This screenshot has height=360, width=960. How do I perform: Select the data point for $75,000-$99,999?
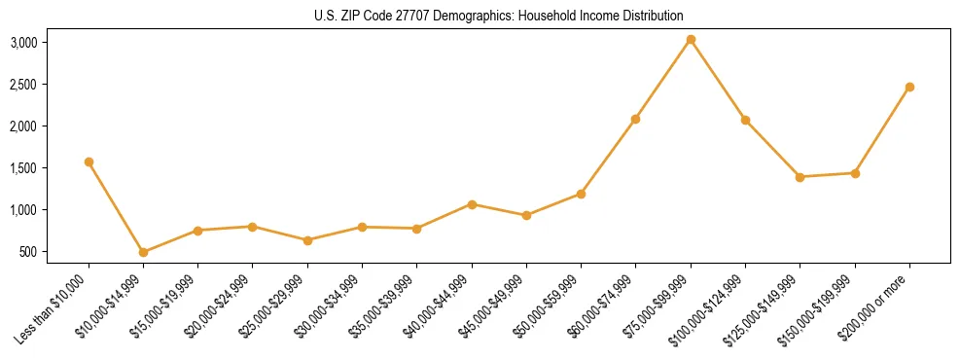pos(691,40)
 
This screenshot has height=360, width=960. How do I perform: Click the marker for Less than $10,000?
pos(89,162)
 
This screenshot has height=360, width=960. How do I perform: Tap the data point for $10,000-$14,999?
pos(143,252)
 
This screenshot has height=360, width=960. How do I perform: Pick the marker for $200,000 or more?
pos(909,88)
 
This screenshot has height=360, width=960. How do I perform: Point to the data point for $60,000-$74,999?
pos(635,119)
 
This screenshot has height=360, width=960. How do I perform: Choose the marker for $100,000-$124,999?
pos(745,120)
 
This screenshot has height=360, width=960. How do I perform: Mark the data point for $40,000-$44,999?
pos(472,204)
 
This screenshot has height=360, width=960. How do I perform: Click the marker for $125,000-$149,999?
pos(800,177)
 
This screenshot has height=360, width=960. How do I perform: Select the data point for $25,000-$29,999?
pos(307,240)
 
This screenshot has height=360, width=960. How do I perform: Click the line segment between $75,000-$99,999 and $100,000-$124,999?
pos(718,80)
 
